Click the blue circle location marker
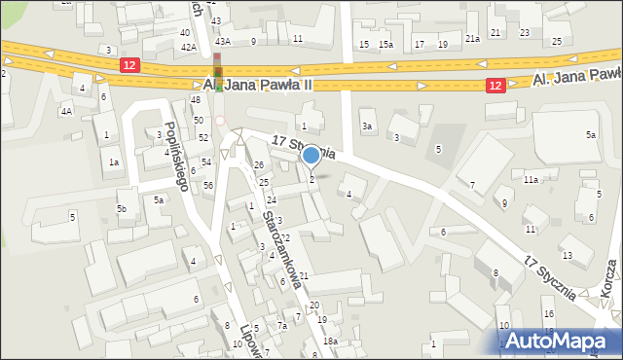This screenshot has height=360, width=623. (x=311, y=154)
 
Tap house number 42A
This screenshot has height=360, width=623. (x=189, y=47)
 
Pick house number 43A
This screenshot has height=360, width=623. (x=223, y=41)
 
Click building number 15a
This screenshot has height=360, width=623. (x=385, y=45)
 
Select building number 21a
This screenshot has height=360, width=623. (x=472, y=38)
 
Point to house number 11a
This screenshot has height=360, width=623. (x=531, y=180)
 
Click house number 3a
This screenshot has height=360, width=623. (x=367, y=126)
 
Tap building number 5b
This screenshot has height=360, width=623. (x=122, y=208)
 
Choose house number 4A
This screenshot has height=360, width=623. (x=66, y=111)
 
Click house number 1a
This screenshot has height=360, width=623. (x=114, y=162)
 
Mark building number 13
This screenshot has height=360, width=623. (x=567, y=254)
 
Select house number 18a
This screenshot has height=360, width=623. (x=331, y=341)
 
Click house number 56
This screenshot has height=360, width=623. (x=208, y=184)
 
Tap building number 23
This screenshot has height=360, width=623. (x=525, y=32)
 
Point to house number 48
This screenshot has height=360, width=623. (x=196, y=99)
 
